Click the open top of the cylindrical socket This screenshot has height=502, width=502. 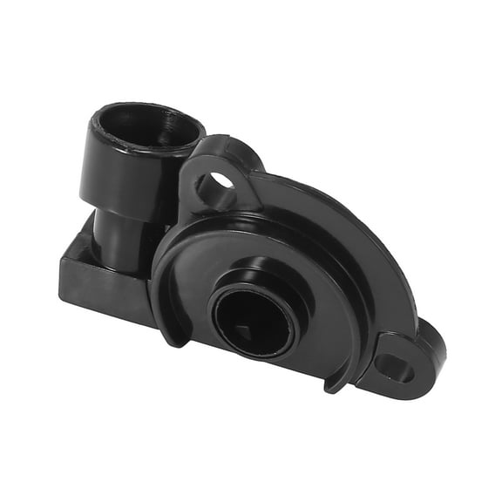click(x=144, y=125)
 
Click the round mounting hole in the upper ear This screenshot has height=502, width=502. click(x=218, y=185)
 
